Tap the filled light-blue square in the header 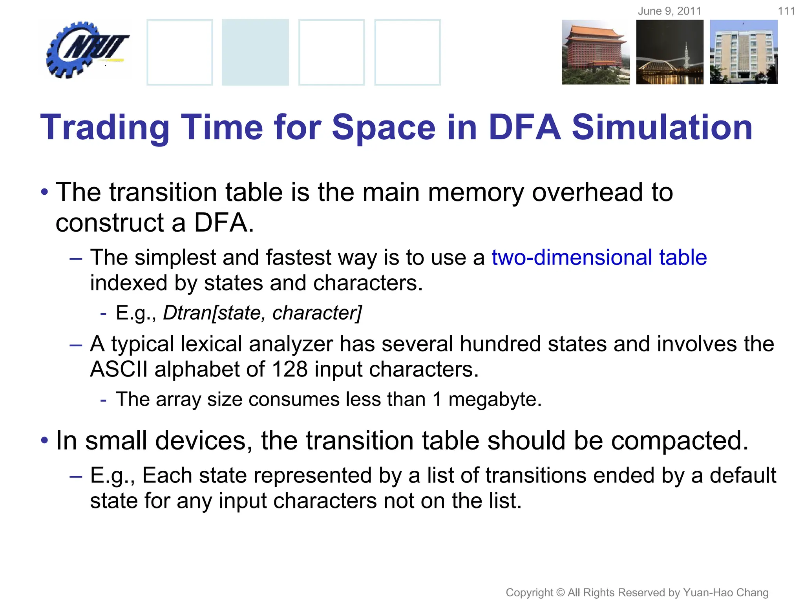tap(255, 52)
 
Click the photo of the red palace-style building tap(595, 52)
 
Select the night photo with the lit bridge tap(670, 52)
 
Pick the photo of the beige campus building tap(744, 52)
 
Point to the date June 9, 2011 tap(669, 11)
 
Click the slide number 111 tap(786, 11)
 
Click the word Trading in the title tap(105, 128)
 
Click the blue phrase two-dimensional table tap(599, 258)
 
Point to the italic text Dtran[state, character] tap(262, 313)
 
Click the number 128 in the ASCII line tap(289, 369)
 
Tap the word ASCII tap(119, 369)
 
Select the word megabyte tap(495, 400)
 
